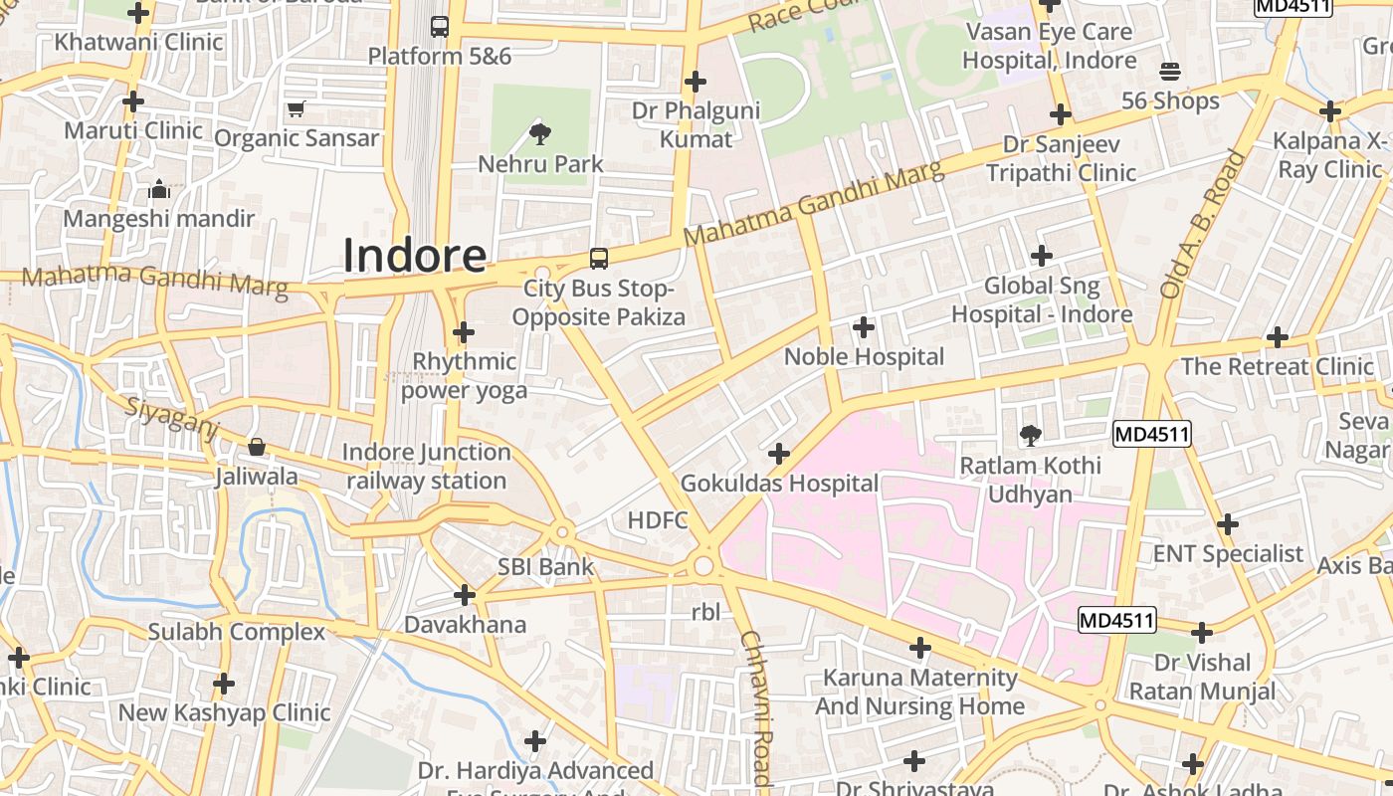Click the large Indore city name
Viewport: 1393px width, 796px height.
(x=414, y=256)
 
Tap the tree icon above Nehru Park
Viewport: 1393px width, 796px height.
(x=540, y=133)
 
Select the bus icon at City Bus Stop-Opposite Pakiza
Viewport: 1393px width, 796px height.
(x=599, y=259)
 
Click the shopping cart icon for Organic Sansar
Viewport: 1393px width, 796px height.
(x=296, y=108)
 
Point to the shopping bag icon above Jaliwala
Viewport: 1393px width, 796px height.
(x=257, y=448)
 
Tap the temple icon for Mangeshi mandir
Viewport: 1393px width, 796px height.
(x=159, y=189)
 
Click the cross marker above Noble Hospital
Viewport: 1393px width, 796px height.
(x=864, y=326)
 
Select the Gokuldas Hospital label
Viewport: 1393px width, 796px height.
(x=779, y=484)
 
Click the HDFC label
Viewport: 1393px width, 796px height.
(x=657, y=519)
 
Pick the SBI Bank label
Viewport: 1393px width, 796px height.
(x=545, y=567)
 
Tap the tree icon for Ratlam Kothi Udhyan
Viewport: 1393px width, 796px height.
(x=1030, y=436)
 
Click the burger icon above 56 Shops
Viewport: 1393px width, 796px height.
(x=1170, y=72)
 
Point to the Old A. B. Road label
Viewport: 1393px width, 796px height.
(x=1202, y=225)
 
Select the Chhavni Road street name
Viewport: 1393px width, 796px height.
(x=756, y=708)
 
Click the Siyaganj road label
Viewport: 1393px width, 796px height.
(x=171, y=415)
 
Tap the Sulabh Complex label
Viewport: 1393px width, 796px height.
(x=236, y=632)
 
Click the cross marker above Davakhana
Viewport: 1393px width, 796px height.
(x=464, y=595)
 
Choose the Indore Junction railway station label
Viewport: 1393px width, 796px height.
(x=426, y=467)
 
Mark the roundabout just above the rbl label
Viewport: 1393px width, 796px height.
(x=704, y=566)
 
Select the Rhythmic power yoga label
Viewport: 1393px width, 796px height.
(x=464, y=375)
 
